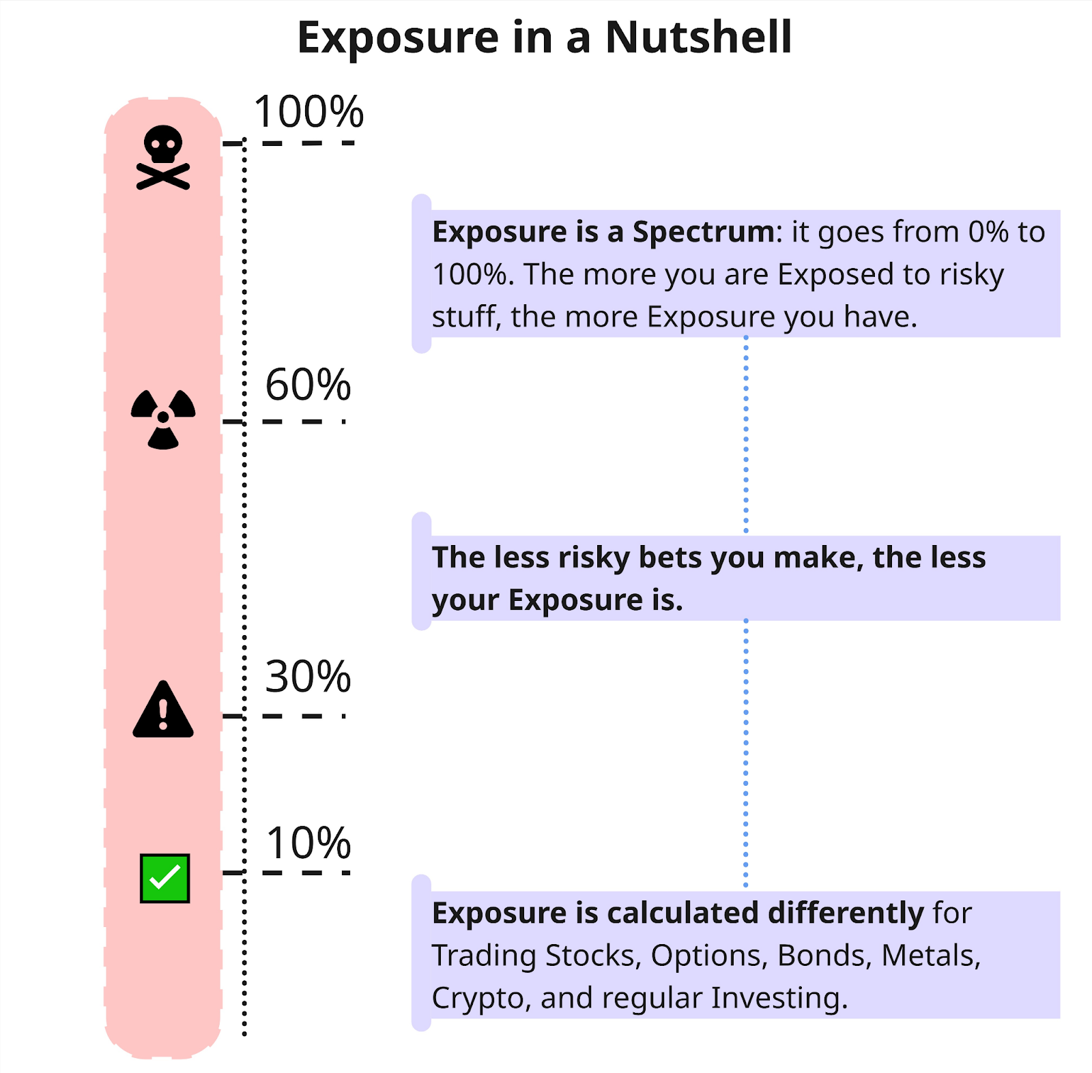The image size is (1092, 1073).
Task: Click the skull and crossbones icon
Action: click(x=163, y=157)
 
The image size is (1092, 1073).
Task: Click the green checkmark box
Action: click(x=164, y=878)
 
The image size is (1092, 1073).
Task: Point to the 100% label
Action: click(x=308, y=111)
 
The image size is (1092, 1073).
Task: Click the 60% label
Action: click(x=308, y=385)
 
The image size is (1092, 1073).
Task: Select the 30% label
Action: click(x=308, y=677)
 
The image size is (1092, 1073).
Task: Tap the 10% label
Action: click(x=308, y=843)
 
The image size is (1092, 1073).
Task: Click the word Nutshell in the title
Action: click(x=698, y=37)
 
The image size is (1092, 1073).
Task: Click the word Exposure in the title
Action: click(x=398, y=38)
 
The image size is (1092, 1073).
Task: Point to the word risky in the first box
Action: click(x=971, y=275)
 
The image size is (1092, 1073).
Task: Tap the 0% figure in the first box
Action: click(x=988, y=232)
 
